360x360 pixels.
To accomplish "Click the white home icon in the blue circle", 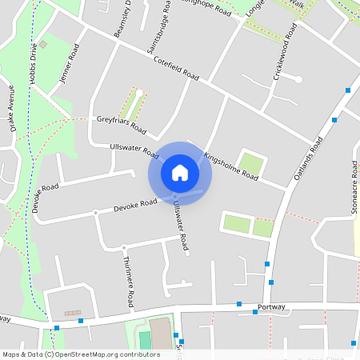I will coord(180,172).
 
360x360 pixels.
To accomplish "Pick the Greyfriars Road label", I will coord(122,123).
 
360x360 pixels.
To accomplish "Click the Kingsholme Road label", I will coord(230,166).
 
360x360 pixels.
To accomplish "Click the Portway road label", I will coord(272,306).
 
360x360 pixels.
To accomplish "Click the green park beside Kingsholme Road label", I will coord(250,164).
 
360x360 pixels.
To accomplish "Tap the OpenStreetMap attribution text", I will coord(80,354).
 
